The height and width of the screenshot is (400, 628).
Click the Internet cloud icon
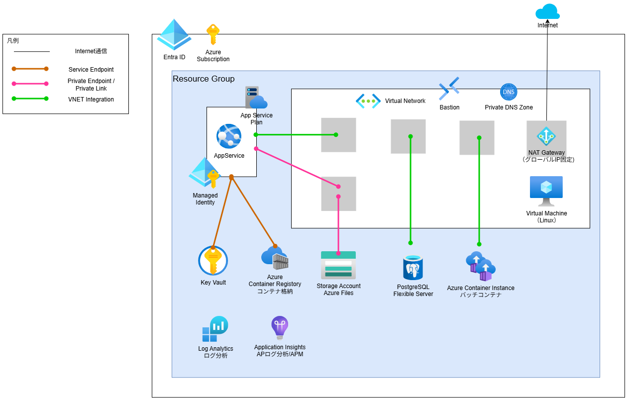(x=547, y=11)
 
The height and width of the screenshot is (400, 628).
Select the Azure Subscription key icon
(x=212, y=35)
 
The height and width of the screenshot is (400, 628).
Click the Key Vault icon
(x=213, y=261)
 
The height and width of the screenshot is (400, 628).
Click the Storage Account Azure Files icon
(x=338, y=266)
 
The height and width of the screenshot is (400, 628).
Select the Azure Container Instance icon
(x=480, y=266)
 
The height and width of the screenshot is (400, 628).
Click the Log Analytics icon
(x=215, y=329)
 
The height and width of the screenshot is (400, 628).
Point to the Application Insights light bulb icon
(x=280, y=328)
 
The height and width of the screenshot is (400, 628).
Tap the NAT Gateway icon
(x=546, y=136)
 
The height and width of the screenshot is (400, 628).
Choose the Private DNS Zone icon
(x=509, y=92)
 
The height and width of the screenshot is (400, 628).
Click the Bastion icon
(x=449, y=89)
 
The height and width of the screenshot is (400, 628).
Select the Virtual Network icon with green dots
(x=368, y=100)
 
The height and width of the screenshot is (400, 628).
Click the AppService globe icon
(x=229, y=136)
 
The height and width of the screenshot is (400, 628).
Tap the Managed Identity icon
(x=205, y=173)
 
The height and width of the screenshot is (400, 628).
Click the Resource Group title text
(x=204, y=79)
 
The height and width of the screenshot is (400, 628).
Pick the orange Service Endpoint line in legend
(x=30, y=69)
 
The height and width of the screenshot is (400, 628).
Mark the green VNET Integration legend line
(x=30, y=99)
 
